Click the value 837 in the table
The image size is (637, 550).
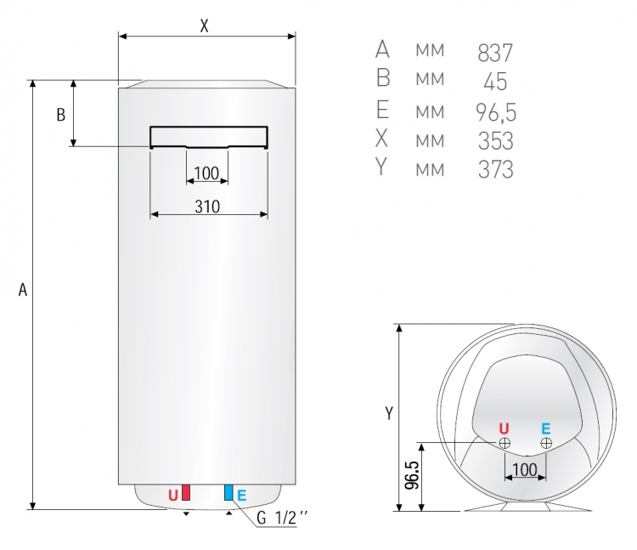pyautogui.click(x=495, y=53)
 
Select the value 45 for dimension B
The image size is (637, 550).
pyautogui.click(x=495, y=82)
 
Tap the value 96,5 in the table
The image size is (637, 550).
pyautogui.click(x=496, y=112)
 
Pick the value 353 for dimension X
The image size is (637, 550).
pyautogui.click(x=496, y=140)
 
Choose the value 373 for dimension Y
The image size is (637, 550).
pyautogui.click(x=496, y=169)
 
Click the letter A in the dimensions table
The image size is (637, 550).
pyautogui.click(x=382, y=49)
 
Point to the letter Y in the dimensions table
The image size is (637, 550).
pyautogui.click(x=381, y=167)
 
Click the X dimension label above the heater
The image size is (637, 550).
pyautogui.click(x=205, y=26)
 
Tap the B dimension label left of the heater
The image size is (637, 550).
pyautogui.click(x=60, y=115)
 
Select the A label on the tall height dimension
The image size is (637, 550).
pyautogui.click(x=23, y=290)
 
